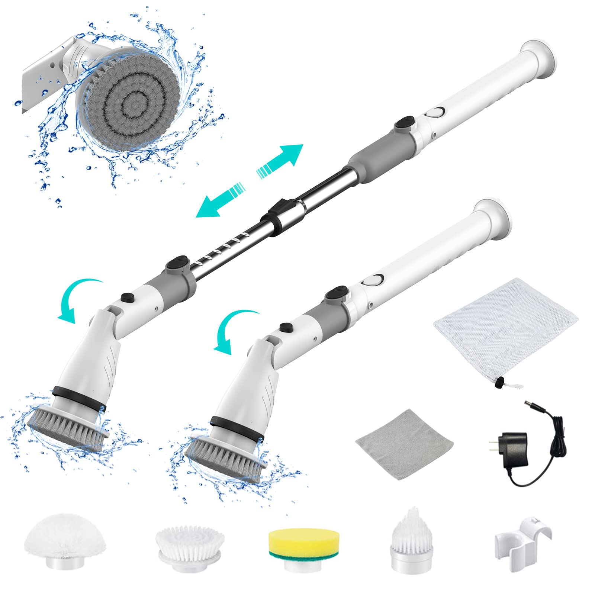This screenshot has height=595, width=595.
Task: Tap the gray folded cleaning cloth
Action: click(x=404, y=444)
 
